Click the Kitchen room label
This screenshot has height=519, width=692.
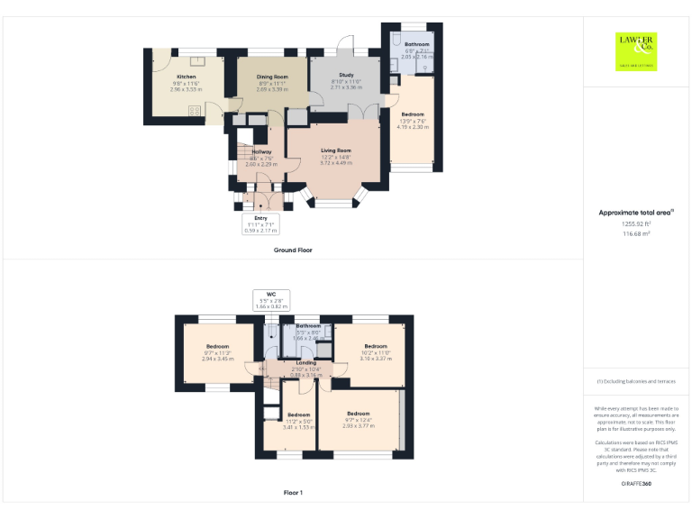click(x=187, y=77)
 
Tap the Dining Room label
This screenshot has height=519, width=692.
click(x=272, y=77)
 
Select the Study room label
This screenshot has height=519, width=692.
click(x=346, y=75)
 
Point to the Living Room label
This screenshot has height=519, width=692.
click(x=336, y=150)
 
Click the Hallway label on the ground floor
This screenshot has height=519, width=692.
click(x=261, y=151)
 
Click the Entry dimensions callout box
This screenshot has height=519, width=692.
click(x=261, y=223)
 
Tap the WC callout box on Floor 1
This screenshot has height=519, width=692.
click(x=270, y=299)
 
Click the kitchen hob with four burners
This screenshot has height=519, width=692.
click(x=193, y=111)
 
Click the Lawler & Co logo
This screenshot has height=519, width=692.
click(x=636, y=50)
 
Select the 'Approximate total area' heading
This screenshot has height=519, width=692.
click(x=636, y=213)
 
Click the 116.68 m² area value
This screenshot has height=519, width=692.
click(x=636, y=232)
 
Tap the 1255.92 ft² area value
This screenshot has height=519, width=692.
click(x=636, y=223)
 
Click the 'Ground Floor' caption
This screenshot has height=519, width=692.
click(x=293, y=250)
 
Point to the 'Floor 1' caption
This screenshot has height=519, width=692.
click(x=293, y=493)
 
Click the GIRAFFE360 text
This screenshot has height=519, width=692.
click(x=636, y=484)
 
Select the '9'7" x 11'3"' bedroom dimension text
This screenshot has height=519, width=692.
click(x=218, y=352)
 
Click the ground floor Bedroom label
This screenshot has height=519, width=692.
click(x=413, y=114)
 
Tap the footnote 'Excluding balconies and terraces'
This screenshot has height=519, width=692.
click(x=636, y=381)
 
